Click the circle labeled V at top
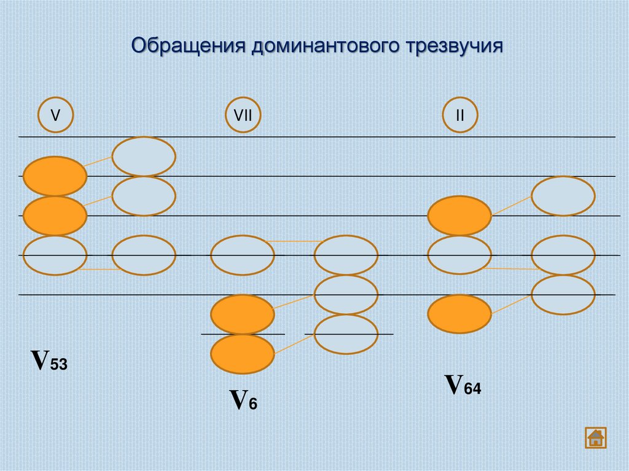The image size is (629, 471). tap(55, 115)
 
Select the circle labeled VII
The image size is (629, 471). tap(243, 115)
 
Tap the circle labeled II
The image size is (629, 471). tap(459, 115)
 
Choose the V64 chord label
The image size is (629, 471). tap(463, 385)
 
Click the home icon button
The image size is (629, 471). tap(595, 437)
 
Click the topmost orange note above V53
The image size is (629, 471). tap(55, 176)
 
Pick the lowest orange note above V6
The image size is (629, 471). tap(243, 354)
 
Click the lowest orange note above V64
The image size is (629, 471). tap(459, 314)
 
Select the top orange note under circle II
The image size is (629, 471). tap(459, 216)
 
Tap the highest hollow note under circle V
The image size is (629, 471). tap(144, 157)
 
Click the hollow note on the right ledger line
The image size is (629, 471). tap(346, 334)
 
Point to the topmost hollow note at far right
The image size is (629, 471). tap(563, 196)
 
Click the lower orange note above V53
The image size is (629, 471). tap(55, 216)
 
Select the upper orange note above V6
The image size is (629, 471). tap(243, 314)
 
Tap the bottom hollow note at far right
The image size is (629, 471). tap(563, 295)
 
